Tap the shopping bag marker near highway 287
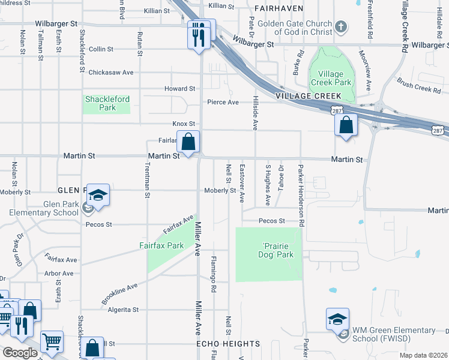(346, 125)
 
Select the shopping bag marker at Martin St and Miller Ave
(188, 143)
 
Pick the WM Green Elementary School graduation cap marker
(337, 319)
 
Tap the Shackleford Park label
(107, 103)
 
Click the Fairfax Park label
(161, 245)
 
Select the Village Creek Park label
(331, 78)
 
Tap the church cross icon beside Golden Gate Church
(340, 26)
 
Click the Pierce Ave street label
(223, 102)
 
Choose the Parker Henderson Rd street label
(301, 196)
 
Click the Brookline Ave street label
(120, 293)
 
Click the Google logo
(20, 352)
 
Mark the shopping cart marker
(52, 341)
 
